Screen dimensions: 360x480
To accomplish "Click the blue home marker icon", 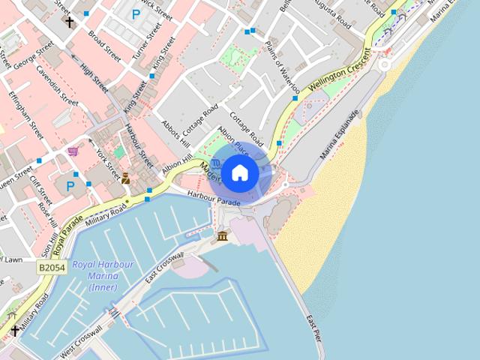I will (239, 173).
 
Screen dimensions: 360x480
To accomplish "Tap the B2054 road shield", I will (52, 267).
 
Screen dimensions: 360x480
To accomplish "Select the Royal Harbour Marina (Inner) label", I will (103, 276).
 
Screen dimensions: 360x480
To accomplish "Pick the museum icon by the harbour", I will (222, 237).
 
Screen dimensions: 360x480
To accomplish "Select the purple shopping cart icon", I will (73, 152).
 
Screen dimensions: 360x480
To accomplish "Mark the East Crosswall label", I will (165, 268).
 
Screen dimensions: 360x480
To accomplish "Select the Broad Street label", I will (104, 46).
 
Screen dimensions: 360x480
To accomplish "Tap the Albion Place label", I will (233, 138).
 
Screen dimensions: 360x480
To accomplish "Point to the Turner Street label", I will (146, 42).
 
